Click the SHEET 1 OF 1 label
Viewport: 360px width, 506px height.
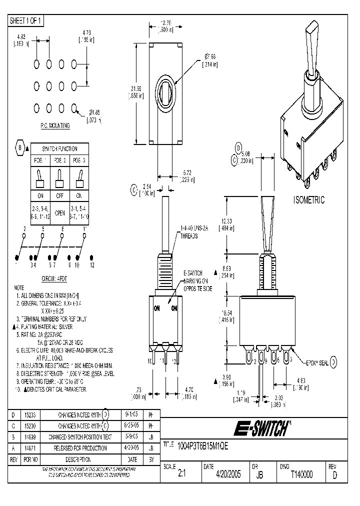click(x=26, y=20)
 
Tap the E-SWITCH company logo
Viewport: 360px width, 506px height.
click(x=259, y=428)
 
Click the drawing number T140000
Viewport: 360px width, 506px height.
click(x=301, y=475)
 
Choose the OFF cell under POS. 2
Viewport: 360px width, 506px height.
click(x=60, y=195)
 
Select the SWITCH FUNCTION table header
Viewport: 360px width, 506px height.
click(x=60, y=148)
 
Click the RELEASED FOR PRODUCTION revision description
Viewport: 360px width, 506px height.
click(x=76, y=448)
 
